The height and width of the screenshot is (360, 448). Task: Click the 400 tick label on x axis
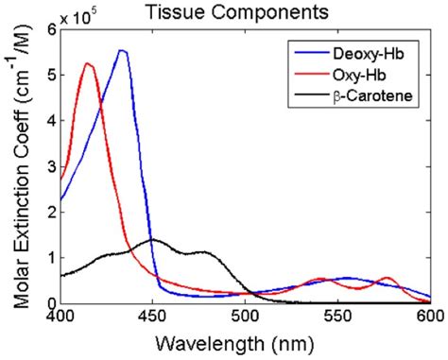click(x=60, y=318)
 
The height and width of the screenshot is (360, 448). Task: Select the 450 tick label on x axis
click(x=152, y=318)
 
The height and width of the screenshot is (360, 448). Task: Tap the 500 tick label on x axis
click(x=245, y=318)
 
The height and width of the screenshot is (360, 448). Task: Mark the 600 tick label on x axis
click(x=428, y=318)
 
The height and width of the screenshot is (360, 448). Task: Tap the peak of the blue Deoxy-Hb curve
click(x=122, y=51)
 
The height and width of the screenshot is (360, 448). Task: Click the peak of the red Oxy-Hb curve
click(x=88, y=63)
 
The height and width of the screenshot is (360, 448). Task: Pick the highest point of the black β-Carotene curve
click(x=152, y=239)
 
